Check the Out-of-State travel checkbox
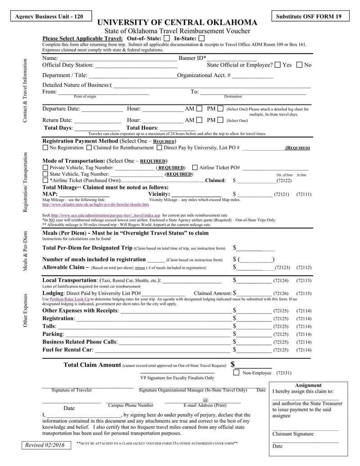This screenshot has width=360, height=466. (167, 39)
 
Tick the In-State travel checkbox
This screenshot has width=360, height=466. (202, 39)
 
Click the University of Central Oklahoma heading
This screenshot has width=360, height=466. (178, 23)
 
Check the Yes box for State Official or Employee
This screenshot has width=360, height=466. (278, 65)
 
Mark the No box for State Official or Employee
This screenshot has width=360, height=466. (299, 65)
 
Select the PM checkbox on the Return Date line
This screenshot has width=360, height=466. (220, 120)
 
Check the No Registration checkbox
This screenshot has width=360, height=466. (45, 148)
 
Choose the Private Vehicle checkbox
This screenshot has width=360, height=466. (45, 167)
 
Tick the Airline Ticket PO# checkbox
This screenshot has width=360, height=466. (195, 167)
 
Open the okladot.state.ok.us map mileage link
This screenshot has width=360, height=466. (89, 204)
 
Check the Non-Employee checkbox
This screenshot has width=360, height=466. (236, 373)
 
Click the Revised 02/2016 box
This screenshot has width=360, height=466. (45, 445)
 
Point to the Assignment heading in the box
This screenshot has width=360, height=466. (308, 385)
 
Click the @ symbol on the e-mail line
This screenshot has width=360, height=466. (206, 400)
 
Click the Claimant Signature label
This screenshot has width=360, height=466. (293, 434)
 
